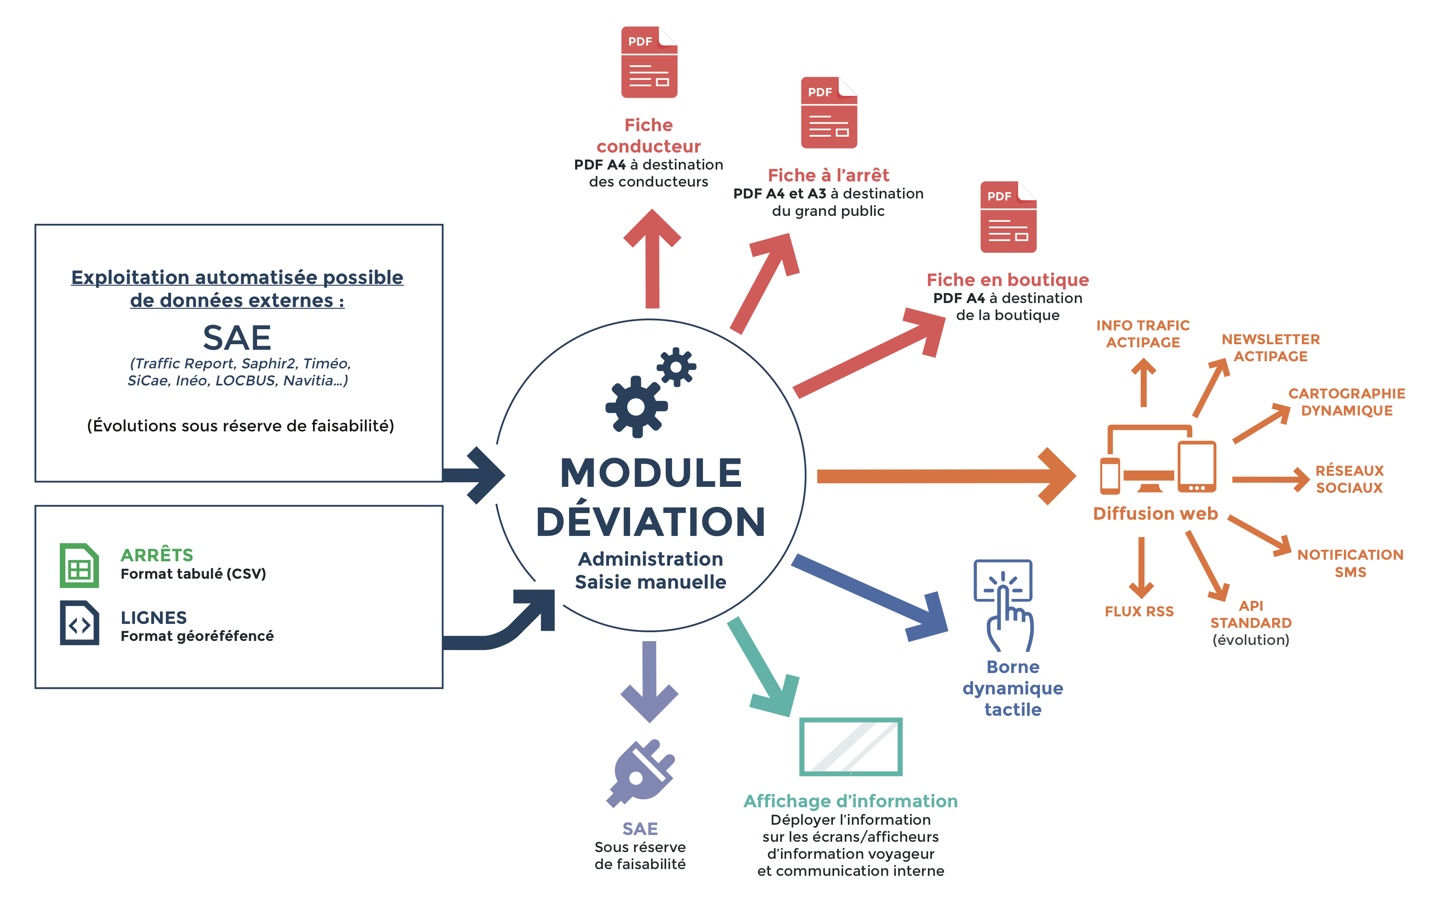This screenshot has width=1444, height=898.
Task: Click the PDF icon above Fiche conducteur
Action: point(649,62)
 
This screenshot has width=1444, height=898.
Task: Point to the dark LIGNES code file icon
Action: point(79,623)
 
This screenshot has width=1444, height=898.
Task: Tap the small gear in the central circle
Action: point(676,367)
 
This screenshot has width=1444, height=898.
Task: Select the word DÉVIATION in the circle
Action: point(651,521)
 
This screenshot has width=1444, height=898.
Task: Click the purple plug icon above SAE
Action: point(641,772)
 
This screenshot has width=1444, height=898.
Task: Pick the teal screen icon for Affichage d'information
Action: point(850,747)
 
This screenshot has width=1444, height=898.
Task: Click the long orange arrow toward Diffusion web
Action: point(944,476)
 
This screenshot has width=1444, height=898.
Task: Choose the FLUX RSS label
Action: point(1139,612)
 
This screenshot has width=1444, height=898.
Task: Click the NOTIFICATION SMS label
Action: point(1350,563)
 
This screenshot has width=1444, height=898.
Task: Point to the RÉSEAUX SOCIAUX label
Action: point(1349,479)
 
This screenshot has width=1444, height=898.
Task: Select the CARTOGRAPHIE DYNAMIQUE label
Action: point(1346,402)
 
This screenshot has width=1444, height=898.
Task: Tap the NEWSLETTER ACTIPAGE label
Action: point(1271,348)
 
